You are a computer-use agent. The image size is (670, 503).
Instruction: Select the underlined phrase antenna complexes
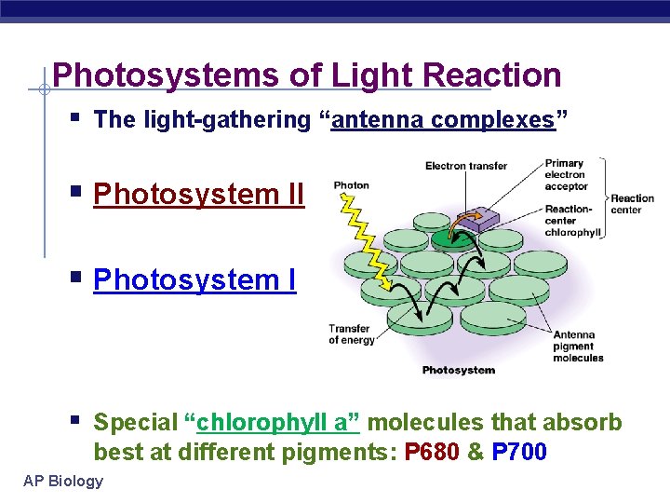(443, 120)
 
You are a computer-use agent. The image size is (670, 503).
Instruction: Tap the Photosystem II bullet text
(199, 195)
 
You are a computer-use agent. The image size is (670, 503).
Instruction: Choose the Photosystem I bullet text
(194, 279)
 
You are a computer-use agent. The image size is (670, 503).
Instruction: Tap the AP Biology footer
(64, 481)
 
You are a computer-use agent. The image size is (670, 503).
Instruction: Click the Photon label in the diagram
(352, 185)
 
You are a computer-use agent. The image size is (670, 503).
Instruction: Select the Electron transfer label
(466, 167)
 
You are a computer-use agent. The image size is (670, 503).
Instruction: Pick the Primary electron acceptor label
(566, 175)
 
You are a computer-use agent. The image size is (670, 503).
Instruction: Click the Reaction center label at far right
(633, 204)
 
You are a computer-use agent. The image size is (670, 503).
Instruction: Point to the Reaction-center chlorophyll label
(573, 221)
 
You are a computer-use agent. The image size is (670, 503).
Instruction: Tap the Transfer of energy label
(352, 333)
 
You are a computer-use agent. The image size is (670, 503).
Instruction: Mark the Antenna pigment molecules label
(579, 347)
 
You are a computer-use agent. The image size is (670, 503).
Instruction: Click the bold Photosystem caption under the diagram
(459, 371)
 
